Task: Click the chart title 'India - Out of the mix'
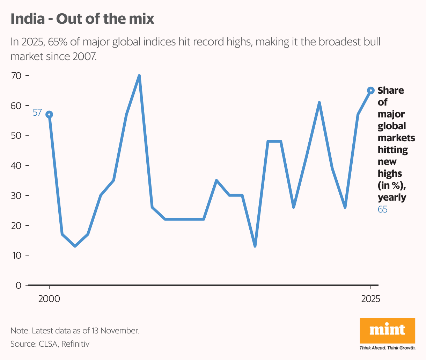click(82, 19)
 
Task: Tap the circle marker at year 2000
click(49, 114)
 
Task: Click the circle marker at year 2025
click(371, 91)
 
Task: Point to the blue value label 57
click(37, 113)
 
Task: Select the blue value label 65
click(383, 209)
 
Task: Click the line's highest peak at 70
click(139, 75)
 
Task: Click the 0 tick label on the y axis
click(19, 285)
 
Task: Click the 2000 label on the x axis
click(49, 299)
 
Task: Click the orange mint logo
click(387, 330)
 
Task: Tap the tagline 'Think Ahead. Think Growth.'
click(387, 348)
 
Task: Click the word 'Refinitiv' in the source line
click(75, 344)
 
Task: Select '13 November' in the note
click(115, 331)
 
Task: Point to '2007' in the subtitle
click(84, 56)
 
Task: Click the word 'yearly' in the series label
click(392, 197)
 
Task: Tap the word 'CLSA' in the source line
click(48, 344)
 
